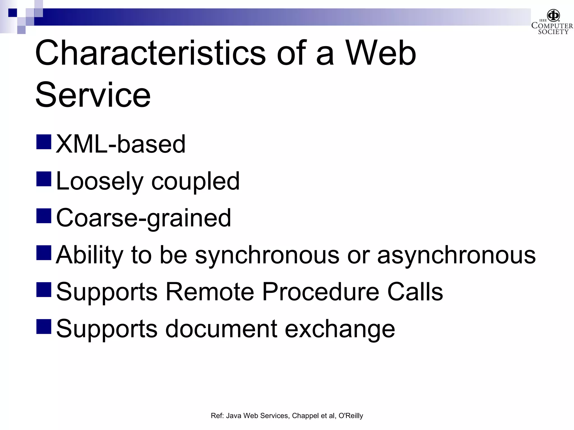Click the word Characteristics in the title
pyautogui.click(x=150, y=53)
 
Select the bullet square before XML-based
pyautogui.click(x=44, y=142)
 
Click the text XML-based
pyautogui.click(x=121, y=144)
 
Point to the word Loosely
pyautogui.click(x=99, y=181)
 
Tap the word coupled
pyautogui.click(x=195, y=181)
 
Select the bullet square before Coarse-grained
pyautogui.click(x=44, y=216)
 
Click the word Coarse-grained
pyautogui.click(x=143, y=218)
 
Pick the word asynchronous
pyautogui.click(x=456, y=255)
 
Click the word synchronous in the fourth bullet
pyautogui.click(x=267, y=255)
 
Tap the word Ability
pyautogui.click(x=89, y=255)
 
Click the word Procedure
pyautogui.click(x=321, y=292)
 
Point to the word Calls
pyautogui.click(x=415, y=292)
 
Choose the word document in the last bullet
pyautogui.click(x=221, y=329)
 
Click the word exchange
pyautogui.click(x=340, y=329)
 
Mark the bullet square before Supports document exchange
pyautogui.click(x=44, y=326)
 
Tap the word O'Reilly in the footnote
pyautogui.click(x=351, y=416)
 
